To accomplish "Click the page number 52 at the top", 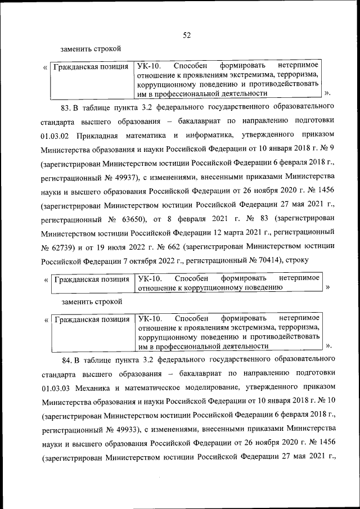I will tap(187, 35).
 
